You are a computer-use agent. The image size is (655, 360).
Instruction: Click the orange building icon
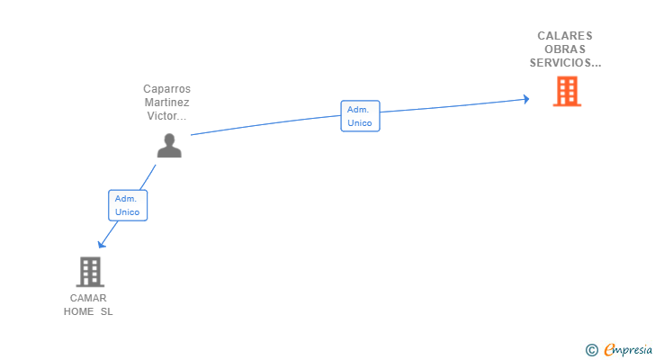pos(567,91)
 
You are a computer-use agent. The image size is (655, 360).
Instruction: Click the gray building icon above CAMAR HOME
pos(90,272)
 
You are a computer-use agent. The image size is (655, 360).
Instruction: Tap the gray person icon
pos(169,145)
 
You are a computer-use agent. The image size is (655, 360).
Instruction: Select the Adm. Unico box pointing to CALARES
pos(360,116)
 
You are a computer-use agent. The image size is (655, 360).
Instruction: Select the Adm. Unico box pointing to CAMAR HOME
pos(128,205)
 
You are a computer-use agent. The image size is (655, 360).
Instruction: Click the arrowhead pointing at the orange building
pos(526,99)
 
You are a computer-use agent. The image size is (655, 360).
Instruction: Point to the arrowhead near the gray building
pos(101,244)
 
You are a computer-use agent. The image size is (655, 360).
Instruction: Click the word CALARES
pos(565,36)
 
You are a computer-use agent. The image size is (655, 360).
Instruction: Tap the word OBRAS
pos(565,49)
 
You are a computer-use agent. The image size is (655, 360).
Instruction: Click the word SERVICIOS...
pos(561,63)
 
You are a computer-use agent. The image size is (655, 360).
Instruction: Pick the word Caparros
pos(167,89)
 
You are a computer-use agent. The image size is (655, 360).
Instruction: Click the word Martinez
pos(167,103)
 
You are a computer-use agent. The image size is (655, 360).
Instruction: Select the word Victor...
pos(161,116)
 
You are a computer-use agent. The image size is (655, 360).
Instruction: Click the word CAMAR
pos(88,298)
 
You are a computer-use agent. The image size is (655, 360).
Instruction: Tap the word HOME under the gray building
pos(78,311)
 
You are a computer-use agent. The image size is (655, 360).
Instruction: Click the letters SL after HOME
pos(106,311)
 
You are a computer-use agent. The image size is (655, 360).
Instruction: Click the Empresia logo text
pos(628,350)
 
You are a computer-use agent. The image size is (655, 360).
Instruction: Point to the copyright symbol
pos(591,350)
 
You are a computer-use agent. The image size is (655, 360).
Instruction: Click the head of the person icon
pos(169,139)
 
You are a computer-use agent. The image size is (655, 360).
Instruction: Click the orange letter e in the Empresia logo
pos(610,349)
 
